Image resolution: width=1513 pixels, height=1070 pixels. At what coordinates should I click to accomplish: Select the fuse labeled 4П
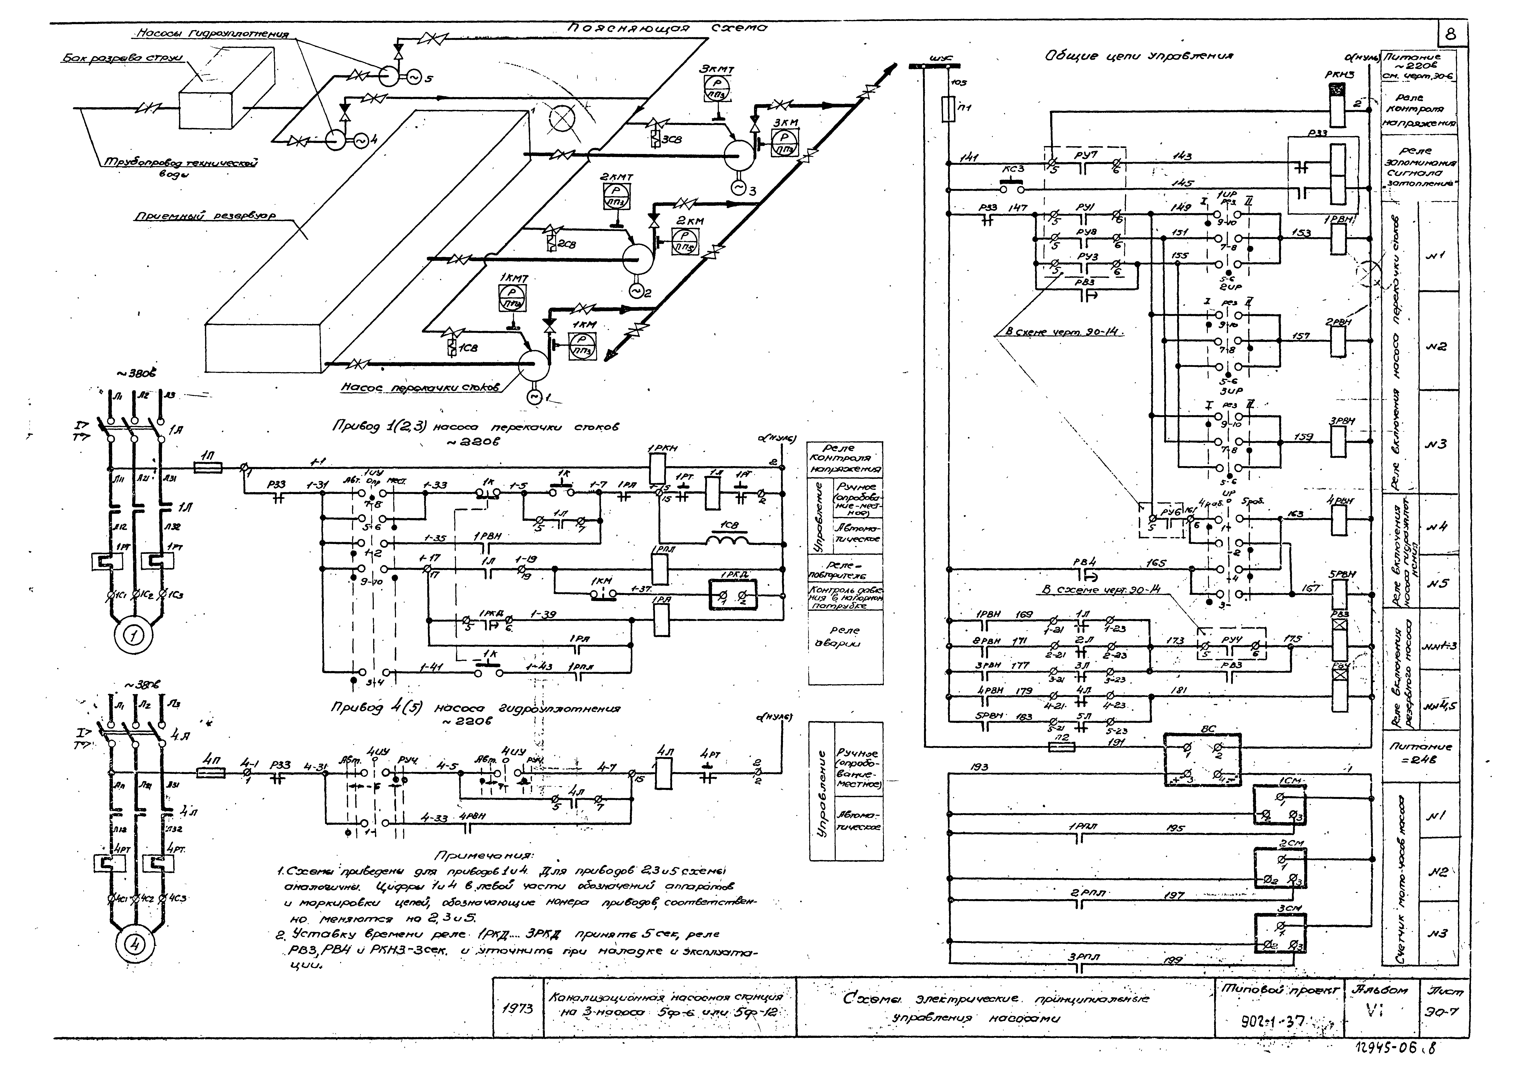pyautogui.click(x=211, y=772)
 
